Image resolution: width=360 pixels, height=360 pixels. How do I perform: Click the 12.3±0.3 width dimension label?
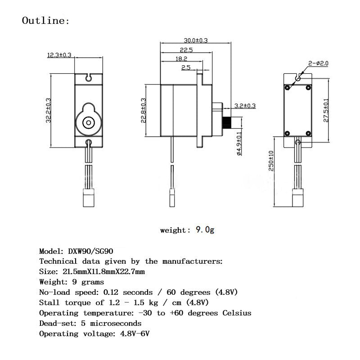(x=59, y=55)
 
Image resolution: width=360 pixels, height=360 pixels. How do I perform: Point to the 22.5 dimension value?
(x=186, y=50)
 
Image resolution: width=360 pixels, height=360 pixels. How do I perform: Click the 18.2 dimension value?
(x=181, y=59)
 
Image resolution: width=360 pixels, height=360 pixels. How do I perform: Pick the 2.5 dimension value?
(x=186, y=67)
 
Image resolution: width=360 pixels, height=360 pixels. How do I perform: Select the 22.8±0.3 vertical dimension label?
(x=143, y=110)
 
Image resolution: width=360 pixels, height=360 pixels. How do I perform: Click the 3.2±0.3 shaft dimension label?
(x=245, y=106)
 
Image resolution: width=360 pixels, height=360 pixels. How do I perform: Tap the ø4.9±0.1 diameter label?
(x=239, y=143)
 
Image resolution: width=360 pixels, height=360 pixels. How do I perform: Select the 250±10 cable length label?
(x=271, y=161)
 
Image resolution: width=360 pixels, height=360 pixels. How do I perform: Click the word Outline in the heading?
(x=44, y=21)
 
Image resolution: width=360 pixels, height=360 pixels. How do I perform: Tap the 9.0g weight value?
(x=205, y=230)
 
